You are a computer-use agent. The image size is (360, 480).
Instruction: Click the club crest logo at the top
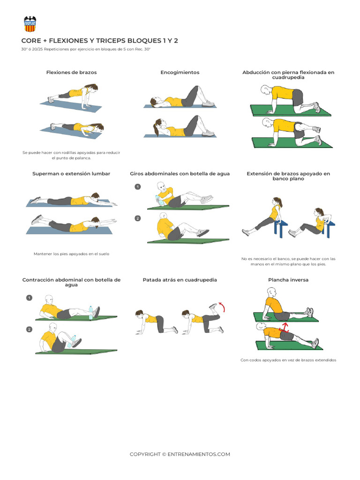point(30,24)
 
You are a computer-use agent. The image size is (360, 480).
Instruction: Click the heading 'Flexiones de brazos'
point(71,73)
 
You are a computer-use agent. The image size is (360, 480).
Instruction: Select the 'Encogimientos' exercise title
point(180,73)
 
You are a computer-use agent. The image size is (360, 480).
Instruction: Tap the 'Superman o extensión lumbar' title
point(71,173)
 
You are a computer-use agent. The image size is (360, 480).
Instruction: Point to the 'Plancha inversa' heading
point(288,280)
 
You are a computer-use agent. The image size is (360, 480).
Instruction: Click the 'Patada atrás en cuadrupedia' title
point(180,280)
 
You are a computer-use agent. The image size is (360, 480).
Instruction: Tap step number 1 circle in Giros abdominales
point(137,187)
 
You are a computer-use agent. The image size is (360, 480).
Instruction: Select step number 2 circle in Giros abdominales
point(137,218)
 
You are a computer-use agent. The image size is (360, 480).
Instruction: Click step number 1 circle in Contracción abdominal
point(29,298)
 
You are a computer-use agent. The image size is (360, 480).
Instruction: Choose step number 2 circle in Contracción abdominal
point(29,329)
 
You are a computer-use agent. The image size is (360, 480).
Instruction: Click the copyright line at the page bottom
point(180,454)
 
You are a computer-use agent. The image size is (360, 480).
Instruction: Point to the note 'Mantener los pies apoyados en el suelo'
point(71,254)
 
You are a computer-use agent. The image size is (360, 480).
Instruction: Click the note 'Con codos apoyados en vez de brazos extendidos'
point(288,360)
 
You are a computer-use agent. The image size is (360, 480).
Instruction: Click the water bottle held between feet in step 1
point(91,313)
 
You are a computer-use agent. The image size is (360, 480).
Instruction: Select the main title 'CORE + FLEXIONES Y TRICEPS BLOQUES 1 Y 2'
point(99,41)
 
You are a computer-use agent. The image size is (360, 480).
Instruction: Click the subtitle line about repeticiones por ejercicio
point(85,49)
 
